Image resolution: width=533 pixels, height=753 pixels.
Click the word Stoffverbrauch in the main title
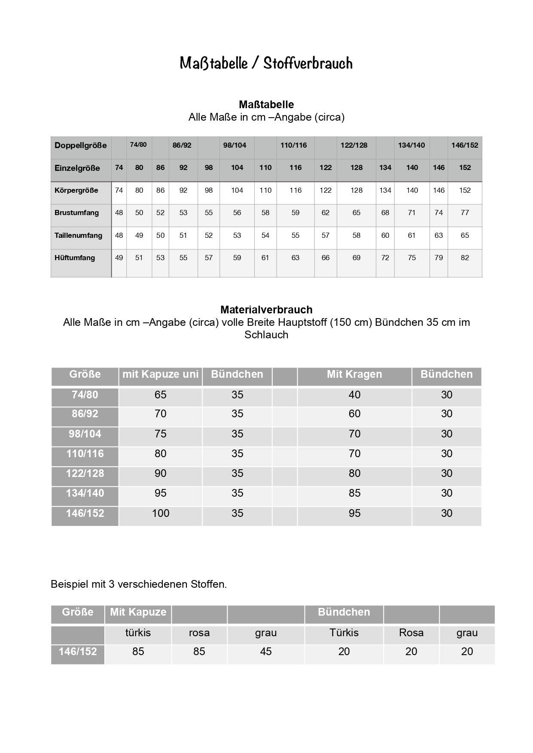308,63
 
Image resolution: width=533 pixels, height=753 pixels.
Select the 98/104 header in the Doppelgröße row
235,145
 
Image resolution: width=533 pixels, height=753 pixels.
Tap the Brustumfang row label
76,213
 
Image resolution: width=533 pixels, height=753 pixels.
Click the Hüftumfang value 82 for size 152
465,258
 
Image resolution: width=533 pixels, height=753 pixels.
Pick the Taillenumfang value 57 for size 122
326,235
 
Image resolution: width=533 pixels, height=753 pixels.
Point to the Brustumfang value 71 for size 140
412,213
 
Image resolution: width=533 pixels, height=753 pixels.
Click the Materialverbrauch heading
266,310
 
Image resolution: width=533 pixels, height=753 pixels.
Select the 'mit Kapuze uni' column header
160,374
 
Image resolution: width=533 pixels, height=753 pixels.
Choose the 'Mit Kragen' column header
354,374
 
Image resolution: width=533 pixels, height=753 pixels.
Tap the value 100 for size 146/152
161,513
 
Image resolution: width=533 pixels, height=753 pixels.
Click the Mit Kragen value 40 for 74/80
354,395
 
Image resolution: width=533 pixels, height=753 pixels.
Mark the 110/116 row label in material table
85,454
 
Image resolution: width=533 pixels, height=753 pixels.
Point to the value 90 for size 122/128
161,474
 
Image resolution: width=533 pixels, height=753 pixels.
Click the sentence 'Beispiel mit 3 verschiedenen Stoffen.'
139,584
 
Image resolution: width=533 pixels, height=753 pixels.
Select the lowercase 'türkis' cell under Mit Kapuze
138,633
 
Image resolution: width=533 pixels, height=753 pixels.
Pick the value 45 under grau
266,652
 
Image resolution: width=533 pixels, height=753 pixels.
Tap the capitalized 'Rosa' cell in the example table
411,633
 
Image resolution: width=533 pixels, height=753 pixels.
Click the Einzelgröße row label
77,168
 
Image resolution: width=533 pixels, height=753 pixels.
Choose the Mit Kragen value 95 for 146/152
354,513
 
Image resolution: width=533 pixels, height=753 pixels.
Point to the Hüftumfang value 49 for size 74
119,258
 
